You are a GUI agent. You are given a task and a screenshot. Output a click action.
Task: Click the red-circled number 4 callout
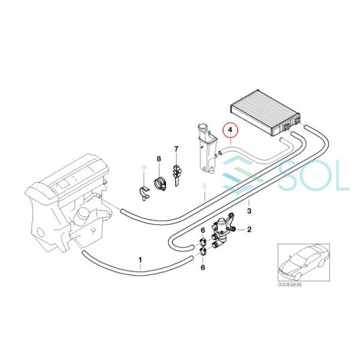click(x=231, y=130)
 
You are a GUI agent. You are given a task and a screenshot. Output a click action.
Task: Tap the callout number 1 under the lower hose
click(x=140, y=260)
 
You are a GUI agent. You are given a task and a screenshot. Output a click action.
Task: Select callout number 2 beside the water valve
click(x=249, y=229)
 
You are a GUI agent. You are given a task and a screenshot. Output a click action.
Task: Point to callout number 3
click(x=250, y=211)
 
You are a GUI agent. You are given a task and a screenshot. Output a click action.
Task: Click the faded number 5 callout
click(x=205, y=187)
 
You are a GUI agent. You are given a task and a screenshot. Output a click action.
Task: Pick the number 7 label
click(x=176, y=149)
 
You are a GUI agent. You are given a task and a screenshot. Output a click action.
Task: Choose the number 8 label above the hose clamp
click(x=158, y=158)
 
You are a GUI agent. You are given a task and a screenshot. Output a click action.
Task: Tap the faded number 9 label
click(x=144, y=168)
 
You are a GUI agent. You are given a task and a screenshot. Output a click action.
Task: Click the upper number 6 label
click(x=203, y=230)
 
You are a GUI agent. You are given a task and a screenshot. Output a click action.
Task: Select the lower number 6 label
click(x=203, y=268)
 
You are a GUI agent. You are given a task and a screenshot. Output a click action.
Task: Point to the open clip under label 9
click(x=145, y=194)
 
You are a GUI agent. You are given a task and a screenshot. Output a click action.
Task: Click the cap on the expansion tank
click(x=202, y=127)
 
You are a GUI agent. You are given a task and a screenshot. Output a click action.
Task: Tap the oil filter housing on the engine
click(x=82, y=216)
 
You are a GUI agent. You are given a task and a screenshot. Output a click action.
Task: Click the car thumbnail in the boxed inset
click(x=304, y=262)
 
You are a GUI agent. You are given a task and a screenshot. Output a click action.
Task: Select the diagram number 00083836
click(x=290, y=284)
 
